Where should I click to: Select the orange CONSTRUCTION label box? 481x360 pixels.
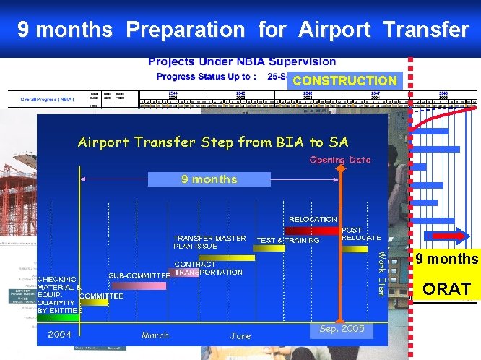click(344, 81)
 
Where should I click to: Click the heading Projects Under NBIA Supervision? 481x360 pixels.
click(242, 61)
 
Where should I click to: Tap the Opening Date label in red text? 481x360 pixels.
click(339, 160)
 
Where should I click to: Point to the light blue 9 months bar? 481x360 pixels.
click(209, 179)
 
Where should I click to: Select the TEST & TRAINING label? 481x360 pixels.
click(288, 241)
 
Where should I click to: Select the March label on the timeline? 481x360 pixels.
click(155, 335)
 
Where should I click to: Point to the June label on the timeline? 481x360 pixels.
click(240, 335)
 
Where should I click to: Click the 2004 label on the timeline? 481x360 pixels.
click(59, 334)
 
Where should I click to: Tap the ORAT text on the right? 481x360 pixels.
click(446, 289)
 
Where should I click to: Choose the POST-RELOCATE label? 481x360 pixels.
click(360, 233)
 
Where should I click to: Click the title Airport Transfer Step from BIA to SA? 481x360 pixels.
click(212, 142)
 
